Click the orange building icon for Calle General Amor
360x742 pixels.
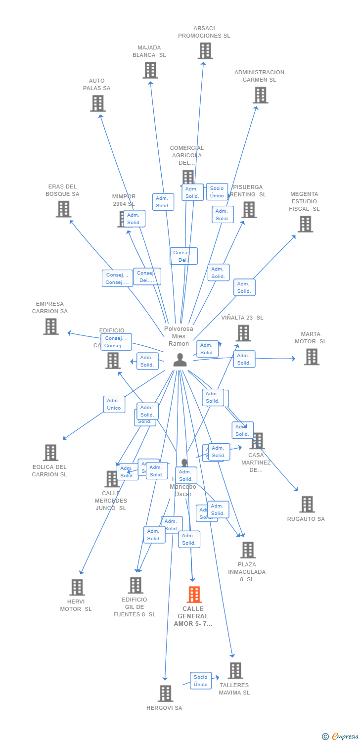194,595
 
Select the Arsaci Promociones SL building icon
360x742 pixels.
205,50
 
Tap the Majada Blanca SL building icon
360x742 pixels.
150,70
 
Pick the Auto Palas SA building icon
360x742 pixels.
98,103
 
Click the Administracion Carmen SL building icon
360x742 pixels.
260,95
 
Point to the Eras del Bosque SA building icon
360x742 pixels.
63,209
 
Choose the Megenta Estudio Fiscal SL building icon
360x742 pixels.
305,224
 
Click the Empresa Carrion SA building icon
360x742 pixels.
51,326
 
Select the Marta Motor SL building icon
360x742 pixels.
311,357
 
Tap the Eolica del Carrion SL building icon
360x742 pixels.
50,453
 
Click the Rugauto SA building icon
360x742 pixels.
307,505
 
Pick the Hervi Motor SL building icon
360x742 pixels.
77,587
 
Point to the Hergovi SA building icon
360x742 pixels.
165,694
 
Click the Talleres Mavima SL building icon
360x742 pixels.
235,671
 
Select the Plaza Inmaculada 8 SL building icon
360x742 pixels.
247,550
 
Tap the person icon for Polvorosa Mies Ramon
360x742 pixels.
180,360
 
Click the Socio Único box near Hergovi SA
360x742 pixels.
201,681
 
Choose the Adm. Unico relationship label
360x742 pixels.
114,404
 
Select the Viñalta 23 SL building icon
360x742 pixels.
243,333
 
